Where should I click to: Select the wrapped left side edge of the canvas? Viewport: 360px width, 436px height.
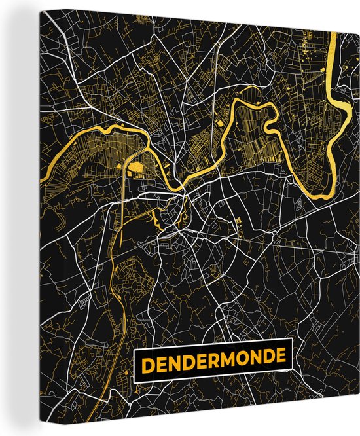[x=9, y=216]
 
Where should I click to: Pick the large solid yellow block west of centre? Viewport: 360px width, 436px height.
[x=137, y=170]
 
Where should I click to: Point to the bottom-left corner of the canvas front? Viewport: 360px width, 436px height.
[x=20, y=432]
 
